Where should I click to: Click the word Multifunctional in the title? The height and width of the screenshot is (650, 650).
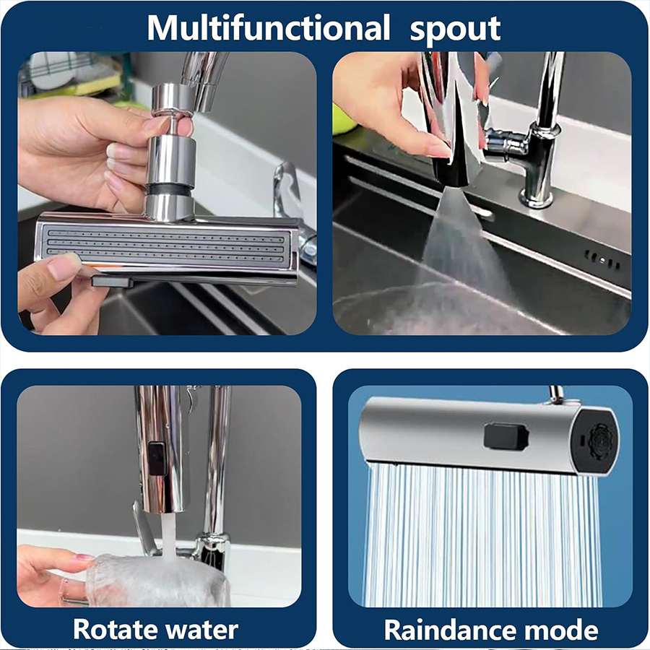pos(269,27)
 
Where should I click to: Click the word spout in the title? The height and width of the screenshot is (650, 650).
pos(455,30)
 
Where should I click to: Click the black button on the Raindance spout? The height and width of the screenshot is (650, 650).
pos(506,436)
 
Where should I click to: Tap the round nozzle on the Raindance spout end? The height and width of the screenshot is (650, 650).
pos(601,441)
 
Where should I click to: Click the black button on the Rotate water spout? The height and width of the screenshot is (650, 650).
pos(157,459)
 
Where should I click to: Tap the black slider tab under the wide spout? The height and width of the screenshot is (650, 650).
pos(113,282)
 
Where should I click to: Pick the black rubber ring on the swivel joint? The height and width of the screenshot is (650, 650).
pos(169,190)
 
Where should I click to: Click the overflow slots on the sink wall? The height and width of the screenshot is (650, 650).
pos(603,260)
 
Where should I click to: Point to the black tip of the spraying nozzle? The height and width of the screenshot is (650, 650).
pos(451,172)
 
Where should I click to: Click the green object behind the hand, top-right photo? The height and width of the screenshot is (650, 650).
pos(343,120)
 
